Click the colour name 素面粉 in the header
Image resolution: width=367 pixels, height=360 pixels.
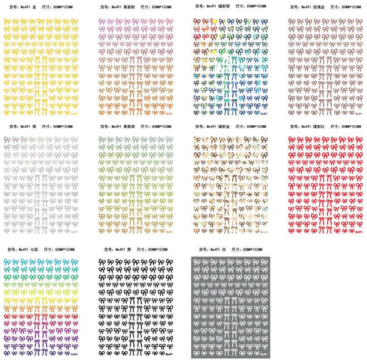pyautogui.click(x=130, y=7)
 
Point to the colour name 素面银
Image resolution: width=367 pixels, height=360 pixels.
pyautogui.click(x=130, y=127)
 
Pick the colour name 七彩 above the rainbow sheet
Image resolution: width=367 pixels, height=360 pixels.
pyautogui.click(x=34, y=249)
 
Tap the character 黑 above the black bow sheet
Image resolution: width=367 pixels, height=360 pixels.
pyautogui.click(x=129, y=249)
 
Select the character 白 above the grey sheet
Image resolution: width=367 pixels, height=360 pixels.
pyautogui.click(x=224, y=249)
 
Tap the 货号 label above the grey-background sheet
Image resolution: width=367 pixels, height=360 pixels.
pyautogui.click(x=205, y=249)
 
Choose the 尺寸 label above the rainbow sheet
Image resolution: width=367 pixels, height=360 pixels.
pyautogui.click(x=48, y=249)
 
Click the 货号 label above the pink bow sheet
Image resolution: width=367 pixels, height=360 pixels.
pyautogui.click(x=106, y=7)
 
